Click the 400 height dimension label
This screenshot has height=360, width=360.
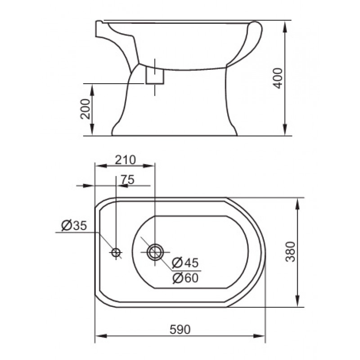(278, 78)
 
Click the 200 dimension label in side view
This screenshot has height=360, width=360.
(85, 109)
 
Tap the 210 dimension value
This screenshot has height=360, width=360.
(126, 160)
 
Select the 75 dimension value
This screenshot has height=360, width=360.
(128, 180)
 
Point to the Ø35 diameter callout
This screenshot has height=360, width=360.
(74, 225)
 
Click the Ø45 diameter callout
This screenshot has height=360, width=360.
(185, 263)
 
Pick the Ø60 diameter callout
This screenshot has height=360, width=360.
(185, 278)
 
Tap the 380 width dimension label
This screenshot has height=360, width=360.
(290, 252)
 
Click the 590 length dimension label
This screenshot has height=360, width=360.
(180, 330)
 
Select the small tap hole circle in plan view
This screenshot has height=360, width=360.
(116, 252)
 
